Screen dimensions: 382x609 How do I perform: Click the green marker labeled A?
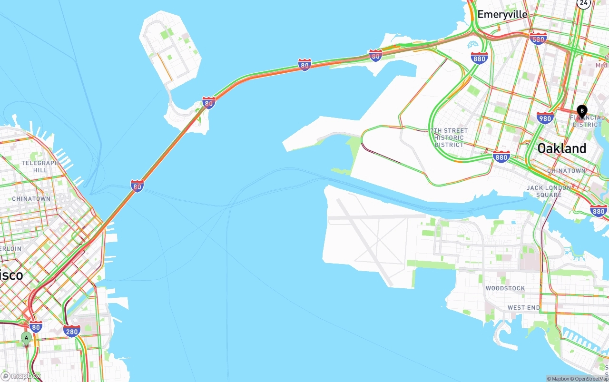[27, 338]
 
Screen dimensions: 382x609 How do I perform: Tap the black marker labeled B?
[581, 111]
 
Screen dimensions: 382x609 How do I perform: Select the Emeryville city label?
[502, 14]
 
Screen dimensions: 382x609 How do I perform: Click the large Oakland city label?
[561, 148]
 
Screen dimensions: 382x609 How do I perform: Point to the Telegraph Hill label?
[40, 167]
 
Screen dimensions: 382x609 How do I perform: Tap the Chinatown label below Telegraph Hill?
[31, 198]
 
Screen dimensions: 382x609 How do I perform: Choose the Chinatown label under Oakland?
[566, 171]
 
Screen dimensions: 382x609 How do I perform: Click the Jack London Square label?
[549, 191]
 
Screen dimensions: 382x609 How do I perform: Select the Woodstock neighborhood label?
[505, 288]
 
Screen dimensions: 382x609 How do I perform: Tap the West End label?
[523, 308]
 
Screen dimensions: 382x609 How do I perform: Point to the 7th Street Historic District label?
[449, 137]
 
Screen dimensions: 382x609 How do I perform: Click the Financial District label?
[588, 121]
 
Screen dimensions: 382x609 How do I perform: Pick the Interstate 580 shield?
[538, 39]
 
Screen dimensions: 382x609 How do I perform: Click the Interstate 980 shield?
[545, 118]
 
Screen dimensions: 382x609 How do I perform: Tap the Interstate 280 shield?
[72, 331]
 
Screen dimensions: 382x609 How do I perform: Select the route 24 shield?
[583, 3]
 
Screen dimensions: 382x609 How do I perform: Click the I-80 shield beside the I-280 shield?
[36, 327]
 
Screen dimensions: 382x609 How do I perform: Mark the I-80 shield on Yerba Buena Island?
[208, 102]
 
